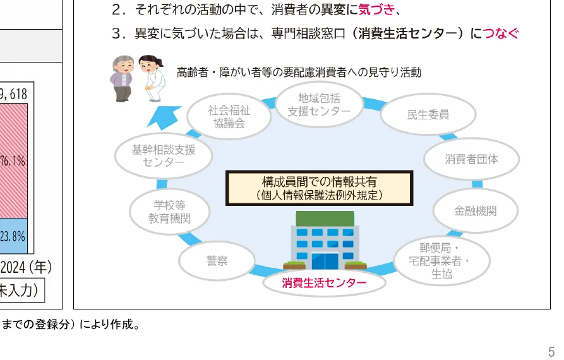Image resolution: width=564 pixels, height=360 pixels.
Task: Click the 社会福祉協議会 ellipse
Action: pos(229,117)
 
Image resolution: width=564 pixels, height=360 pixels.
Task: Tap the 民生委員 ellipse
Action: pos(428,115)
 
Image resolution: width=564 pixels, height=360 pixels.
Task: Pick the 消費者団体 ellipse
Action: pos(471,159)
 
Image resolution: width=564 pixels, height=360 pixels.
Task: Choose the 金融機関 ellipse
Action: pos(475,211)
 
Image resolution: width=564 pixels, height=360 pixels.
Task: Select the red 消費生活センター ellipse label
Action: pos(324,283)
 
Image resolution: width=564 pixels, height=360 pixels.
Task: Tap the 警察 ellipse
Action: pos(217,261)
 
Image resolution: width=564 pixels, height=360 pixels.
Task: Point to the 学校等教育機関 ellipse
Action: pos(169,212)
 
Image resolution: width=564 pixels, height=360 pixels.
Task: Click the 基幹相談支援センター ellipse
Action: pos(163,156)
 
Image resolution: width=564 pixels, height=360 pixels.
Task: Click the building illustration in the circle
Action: pos(325,240)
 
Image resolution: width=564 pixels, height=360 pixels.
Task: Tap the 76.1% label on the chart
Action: pos(13,161)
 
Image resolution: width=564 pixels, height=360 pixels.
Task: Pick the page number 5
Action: pos(551,351)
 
